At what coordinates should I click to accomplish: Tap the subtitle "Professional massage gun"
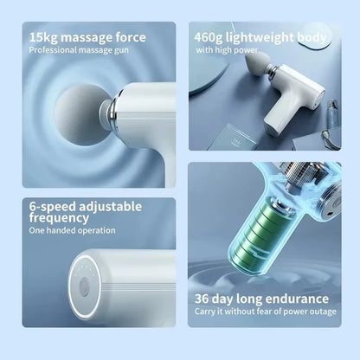pyautogui.click(x=80, y=51)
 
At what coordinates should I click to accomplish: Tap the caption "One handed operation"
pyautogui.click(x=72, y=231)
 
